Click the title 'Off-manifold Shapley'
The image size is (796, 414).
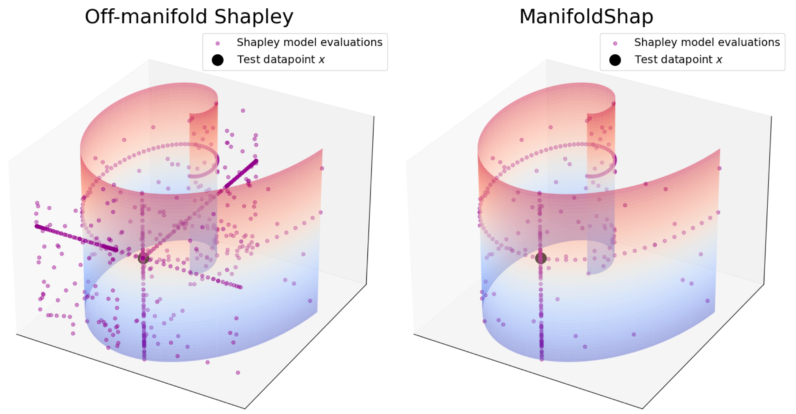click(x=189, y=17)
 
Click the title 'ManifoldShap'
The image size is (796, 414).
click(x=586, y=17)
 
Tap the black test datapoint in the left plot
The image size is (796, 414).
click(x=143, y=258)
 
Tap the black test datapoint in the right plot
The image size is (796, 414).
click(x=541, y=258)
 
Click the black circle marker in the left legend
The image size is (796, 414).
click(x=218, y=60)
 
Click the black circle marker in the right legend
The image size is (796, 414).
click(x=615, y=60)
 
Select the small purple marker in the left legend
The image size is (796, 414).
click(x=218, y=43)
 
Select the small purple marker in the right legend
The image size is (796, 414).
click(x=615, y=43)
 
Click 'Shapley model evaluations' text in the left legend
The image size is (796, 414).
click(x=309, y=43)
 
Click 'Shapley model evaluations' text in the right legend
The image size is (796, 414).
click(x=707, y=43)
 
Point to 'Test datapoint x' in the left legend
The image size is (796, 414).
click(x=281, y=60)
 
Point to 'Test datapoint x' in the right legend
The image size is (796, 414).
click(x=678, y=60)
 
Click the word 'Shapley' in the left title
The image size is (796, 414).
click(x=254, y=17)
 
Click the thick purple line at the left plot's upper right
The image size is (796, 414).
click(x=241, y=174)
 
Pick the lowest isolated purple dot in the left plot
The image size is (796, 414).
click(x=238, y=372)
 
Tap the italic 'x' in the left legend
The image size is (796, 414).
click(x=322, y=60)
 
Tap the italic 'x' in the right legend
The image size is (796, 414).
click(x=719, y=60)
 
